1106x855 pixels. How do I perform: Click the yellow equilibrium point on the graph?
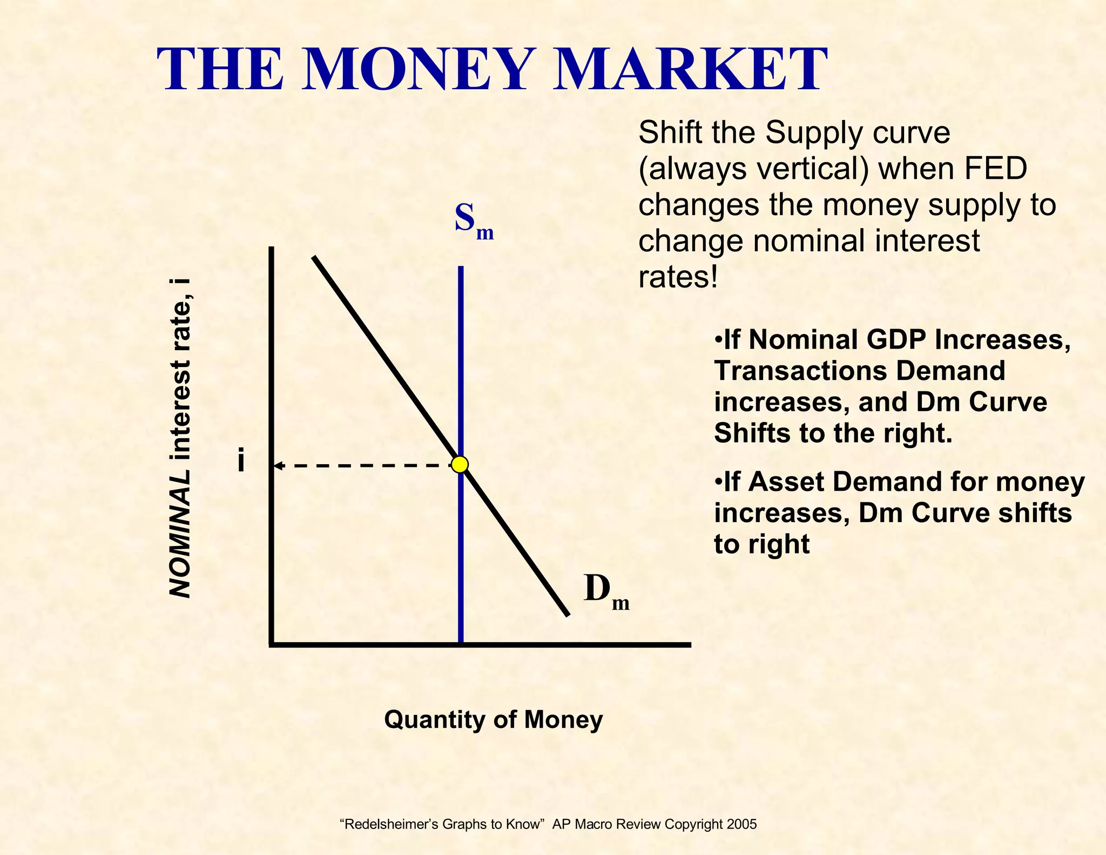[460, 465]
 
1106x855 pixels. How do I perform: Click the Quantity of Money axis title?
[493, 720]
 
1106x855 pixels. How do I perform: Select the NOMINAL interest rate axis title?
[180, 438]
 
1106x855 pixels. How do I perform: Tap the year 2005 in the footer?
[741, 824]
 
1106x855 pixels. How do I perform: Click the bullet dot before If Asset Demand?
[718, 482]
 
